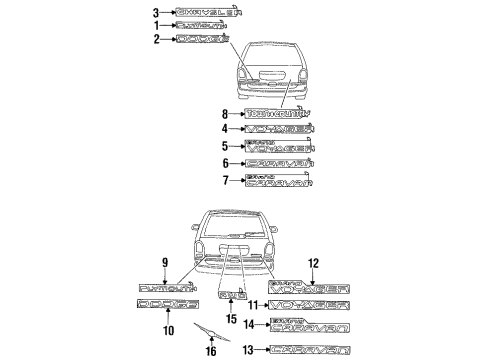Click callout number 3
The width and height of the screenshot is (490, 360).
click(x=155, y=13)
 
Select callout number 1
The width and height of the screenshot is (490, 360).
click(x=155, y=26)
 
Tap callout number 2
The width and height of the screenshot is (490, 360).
click(x=155, y=40)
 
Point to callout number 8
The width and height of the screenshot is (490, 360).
click(x=226, y=114)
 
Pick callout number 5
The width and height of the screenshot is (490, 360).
click(x=226, y=146)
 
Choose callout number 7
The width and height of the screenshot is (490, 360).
click(x=226, y=180)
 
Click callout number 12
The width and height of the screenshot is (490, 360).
click(x=313, y=264)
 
